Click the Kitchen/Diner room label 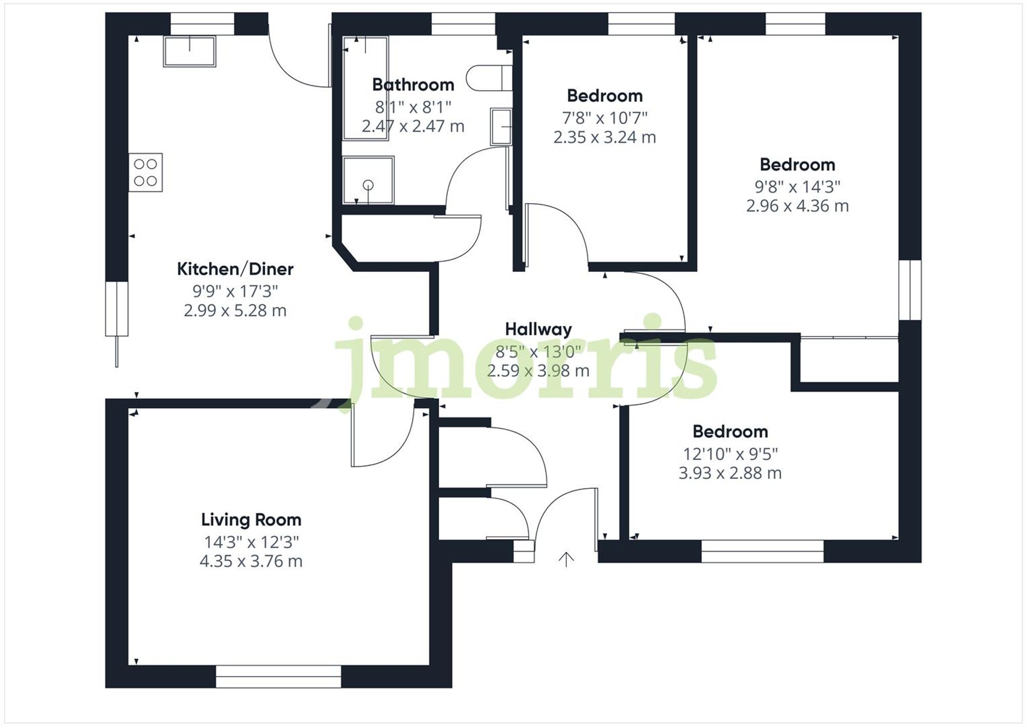[x=235, y=269]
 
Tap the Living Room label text [x=251, y=520]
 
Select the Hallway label [x=538, y=329]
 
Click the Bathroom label [x=413, y=85]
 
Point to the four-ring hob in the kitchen [x=145, y=172]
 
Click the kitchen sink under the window [x=189, y=51]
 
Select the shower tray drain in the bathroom [x=368, y=185]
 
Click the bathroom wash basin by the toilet [x=501, y=126]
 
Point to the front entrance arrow [x=566, y=559]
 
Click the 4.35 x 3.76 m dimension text [x=251, y=561]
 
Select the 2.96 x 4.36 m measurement [x=797, y=206]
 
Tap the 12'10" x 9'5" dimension [x=730, y=454]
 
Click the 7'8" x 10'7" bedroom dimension [x=605, y=118]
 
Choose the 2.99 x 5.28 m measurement [x=235, y=310]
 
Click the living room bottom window [x=278, y=676]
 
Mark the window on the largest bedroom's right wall [x=910, y=290]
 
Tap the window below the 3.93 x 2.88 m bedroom [x=762, y=551]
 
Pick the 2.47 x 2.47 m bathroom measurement [x=413, y=126]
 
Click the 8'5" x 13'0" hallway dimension [x=538, y=351]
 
